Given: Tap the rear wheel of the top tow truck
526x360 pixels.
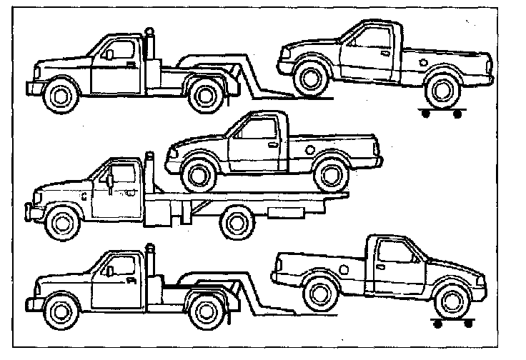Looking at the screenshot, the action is [205, 94].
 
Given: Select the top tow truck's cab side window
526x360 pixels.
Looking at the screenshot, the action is [119, 51].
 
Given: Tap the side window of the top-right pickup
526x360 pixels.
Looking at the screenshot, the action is [374, 34].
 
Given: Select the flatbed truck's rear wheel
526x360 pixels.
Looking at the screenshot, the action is [238, 224].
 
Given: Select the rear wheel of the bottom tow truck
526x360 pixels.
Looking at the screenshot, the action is [207, 309].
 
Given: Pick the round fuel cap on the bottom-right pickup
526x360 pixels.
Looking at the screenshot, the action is [344, 268].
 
